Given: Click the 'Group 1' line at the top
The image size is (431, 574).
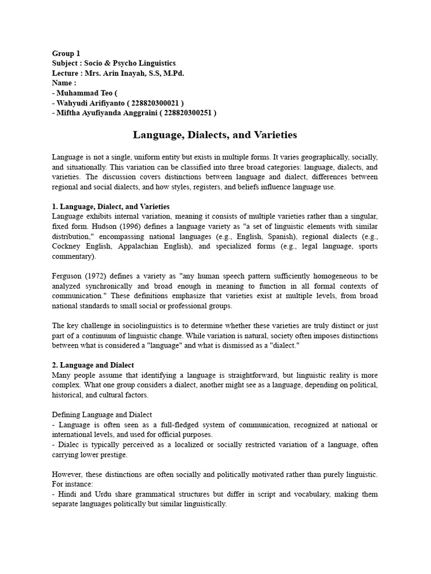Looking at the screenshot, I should pos(66,54).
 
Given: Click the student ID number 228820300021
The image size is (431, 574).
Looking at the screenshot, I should pos(154,103).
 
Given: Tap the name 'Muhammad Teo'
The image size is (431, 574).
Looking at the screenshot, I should pos(85,93).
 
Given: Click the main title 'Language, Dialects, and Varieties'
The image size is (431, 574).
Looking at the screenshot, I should pos(215,135).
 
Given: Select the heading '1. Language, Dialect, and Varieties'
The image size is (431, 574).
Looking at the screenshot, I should pos(111,207).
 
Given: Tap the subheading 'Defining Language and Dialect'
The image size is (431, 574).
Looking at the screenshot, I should pos(102,414).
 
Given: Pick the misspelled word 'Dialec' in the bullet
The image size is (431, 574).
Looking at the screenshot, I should pos(67,445).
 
